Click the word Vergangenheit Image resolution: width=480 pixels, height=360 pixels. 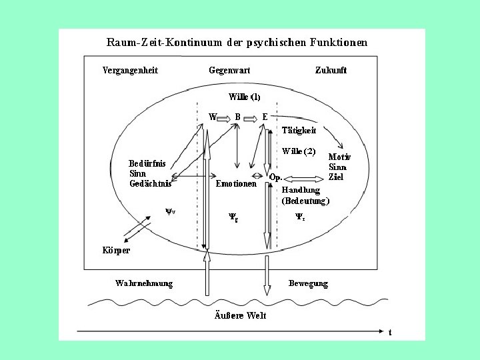coord(130,70)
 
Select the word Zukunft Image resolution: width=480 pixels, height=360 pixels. coord(331,70)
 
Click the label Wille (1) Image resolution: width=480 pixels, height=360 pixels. coord(245,97)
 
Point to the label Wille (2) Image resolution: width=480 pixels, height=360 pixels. coord(299,151)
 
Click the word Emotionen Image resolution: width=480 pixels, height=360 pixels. coord(236,183)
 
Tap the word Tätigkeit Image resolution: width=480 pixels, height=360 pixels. coord(299,130)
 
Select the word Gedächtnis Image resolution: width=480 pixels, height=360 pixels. coord(150,183)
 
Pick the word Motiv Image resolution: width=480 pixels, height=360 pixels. coord(340,157)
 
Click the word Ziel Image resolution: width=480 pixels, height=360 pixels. coord(336,177)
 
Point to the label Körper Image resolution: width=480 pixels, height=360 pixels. coord(116,251)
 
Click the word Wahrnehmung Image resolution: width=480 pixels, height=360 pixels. coord(144,283)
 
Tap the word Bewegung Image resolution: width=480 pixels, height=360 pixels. coord(308,283)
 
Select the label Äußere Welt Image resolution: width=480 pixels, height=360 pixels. coord(240,315)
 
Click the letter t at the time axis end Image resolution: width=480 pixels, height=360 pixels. coord(390,331)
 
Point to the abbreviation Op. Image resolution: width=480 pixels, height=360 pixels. coord(276,177)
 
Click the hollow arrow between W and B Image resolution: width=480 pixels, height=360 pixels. coord(223,117)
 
